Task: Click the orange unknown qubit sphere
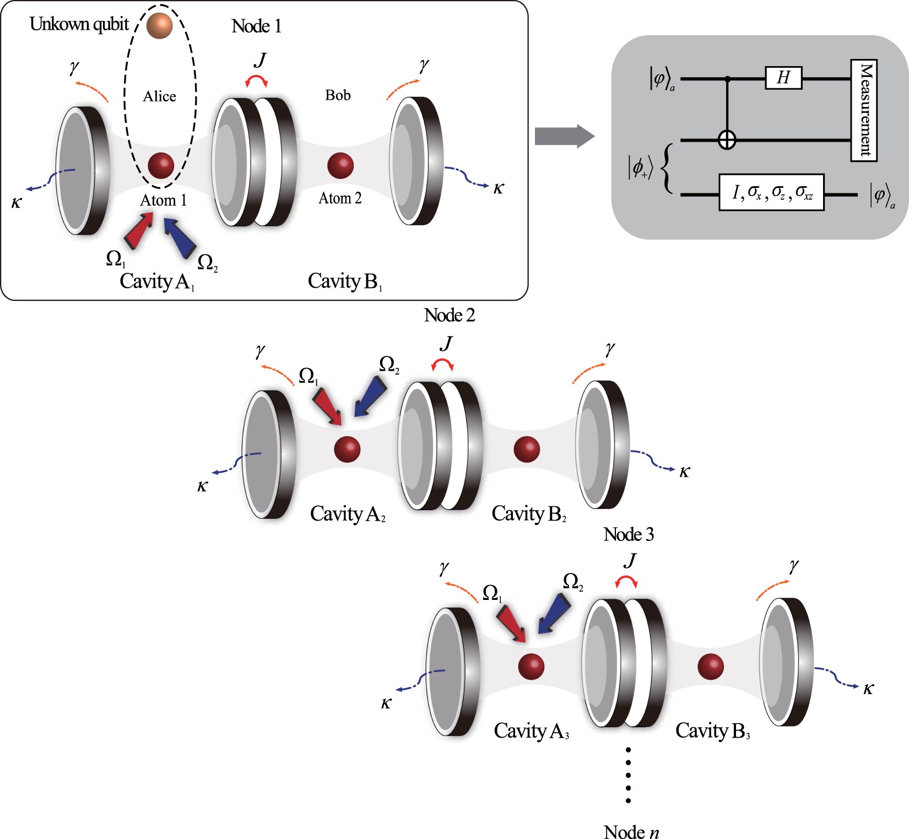160,25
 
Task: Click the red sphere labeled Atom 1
161,166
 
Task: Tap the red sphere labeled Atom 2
340,165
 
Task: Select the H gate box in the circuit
783,78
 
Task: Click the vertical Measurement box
864,110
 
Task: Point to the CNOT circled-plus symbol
727,140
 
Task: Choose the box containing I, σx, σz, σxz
771,193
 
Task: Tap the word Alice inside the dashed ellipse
160,96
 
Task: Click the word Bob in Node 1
338,95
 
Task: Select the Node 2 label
450,315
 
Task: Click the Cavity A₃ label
531,731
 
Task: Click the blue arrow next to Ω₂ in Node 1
181,239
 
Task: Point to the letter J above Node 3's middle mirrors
630,560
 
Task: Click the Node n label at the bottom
631,832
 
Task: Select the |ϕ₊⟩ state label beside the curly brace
640,167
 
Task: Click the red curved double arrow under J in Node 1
257,81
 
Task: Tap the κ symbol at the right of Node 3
868,689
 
